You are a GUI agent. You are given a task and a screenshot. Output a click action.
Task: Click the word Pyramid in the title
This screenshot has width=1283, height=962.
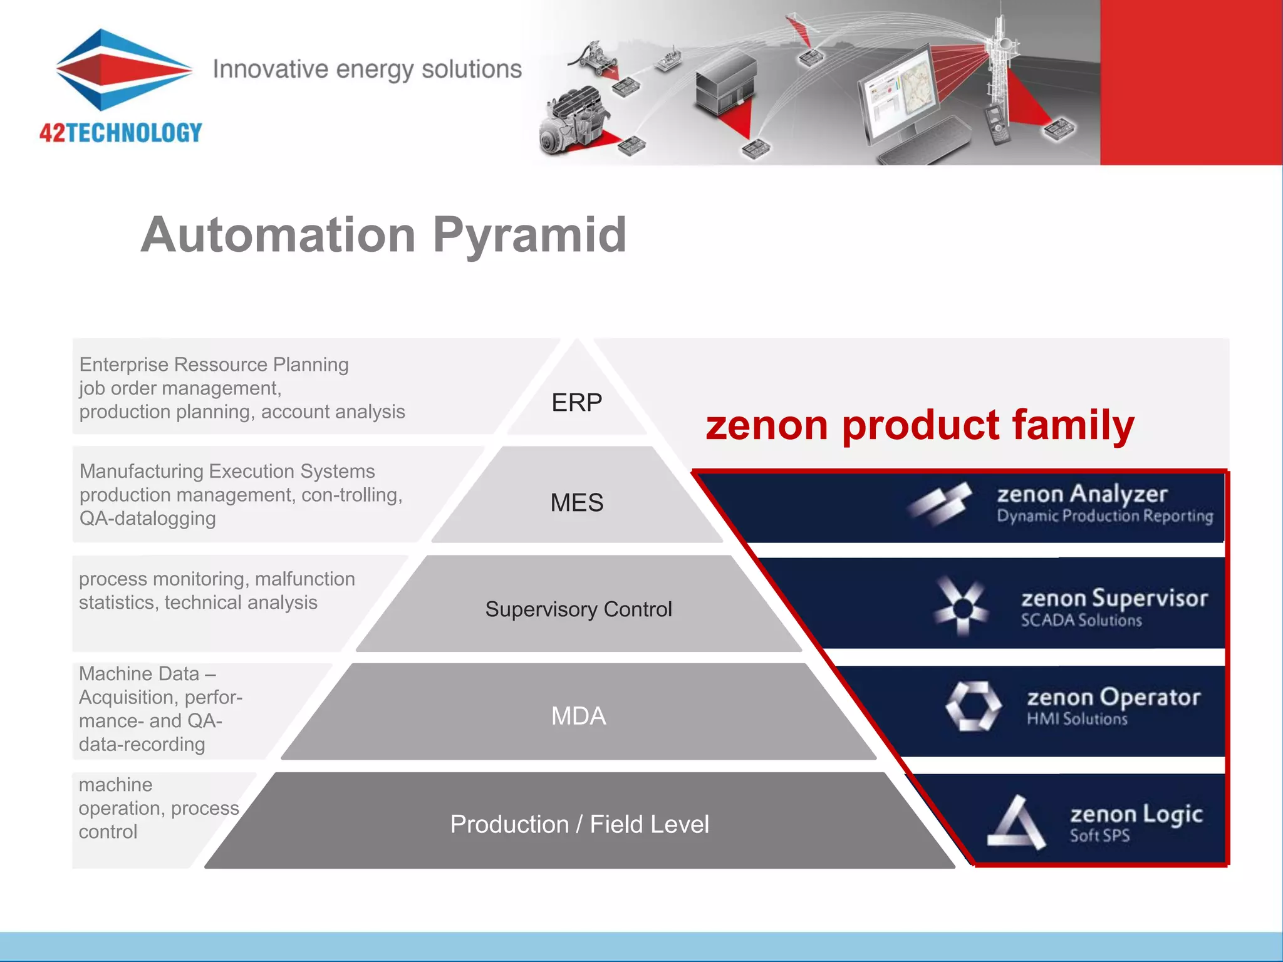pos(529,235)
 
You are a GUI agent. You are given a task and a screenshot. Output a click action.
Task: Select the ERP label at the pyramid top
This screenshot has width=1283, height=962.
pos(576,403)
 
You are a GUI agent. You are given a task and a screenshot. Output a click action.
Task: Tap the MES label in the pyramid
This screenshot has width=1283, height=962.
pos(576,503)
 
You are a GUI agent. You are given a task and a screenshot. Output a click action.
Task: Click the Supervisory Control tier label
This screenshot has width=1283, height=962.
pos(578,609)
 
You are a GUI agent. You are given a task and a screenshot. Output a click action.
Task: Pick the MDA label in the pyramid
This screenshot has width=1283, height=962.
pos(578,716)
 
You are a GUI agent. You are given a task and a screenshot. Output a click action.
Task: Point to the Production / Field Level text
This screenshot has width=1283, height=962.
pos(579,824)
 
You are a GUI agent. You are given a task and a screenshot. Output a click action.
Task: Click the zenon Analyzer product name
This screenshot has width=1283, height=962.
pos(1082,494)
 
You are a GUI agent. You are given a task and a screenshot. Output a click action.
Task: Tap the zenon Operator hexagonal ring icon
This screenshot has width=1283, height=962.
pos(973,706)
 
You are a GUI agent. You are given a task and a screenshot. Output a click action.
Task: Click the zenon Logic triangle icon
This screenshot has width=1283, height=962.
pos(1016,823)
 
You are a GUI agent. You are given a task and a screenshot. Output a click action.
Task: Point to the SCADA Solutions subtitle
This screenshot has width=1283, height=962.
pos(1081,621)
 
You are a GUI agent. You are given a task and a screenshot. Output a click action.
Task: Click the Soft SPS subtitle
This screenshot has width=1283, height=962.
pos(1099,835)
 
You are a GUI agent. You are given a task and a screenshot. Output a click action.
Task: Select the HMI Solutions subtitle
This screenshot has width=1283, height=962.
pos(1077,719)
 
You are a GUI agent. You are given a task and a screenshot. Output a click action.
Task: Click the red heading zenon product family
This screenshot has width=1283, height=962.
pos(920,425)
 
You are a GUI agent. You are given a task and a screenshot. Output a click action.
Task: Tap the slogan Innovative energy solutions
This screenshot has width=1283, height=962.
pos(367,69)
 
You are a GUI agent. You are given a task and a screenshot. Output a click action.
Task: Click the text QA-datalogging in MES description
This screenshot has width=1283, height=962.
pos(147,519)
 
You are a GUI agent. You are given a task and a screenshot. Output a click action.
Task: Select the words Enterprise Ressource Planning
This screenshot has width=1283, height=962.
pos(214,365)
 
